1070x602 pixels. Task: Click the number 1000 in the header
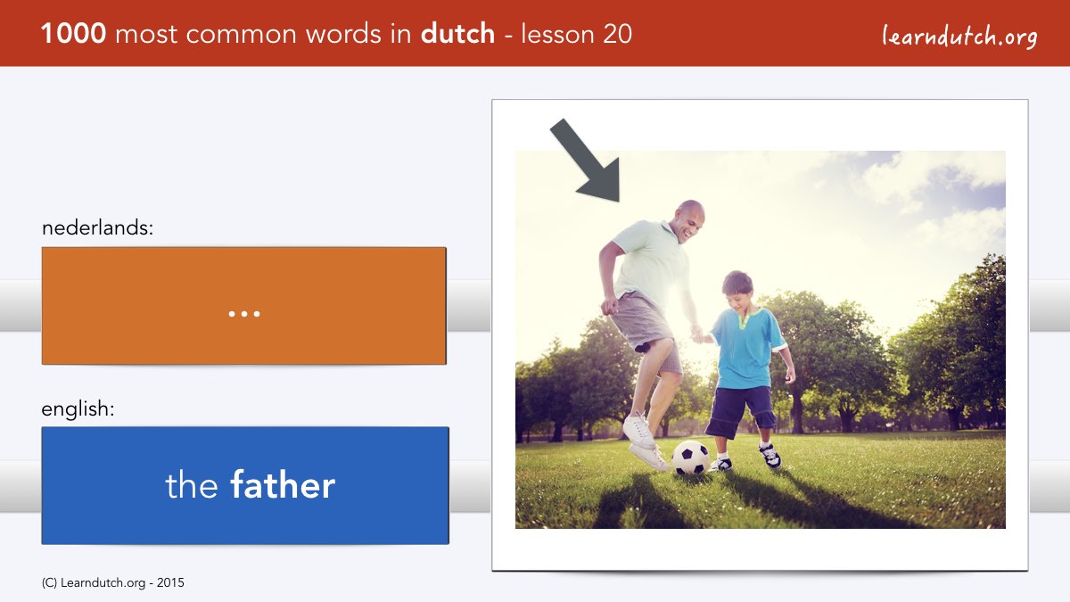pyautogui.click(x=73, y=34)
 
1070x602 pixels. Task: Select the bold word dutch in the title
pyautogui.click(x=457, y=34)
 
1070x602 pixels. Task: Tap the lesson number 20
pyautogui.click(x=617, y=34)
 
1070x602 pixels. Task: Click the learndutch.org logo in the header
pyautogui.click(x=959, y=36)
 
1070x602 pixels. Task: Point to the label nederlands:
pyautogui.click(x=97, y=227)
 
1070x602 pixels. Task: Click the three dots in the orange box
pyautogui.click(x=244, y=314)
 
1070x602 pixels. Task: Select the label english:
pyautogui.click(x=78, y=409)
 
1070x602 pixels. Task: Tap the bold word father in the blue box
pyautogui.click(x=283, y=485)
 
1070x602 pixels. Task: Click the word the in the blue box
pyautogui.click(x=192, y=485)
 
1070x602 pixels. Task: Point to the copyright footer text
pyautogui.click(x=112, y=583)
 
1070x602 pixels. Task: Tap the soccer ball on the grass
pyautogui.click(x=691, y=458)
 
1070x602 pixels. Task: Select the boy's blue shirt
pyautogui.click(x=747, y=348)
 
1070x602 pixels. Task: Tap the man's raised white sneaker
pyautogui.click(x=639, y=431)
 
